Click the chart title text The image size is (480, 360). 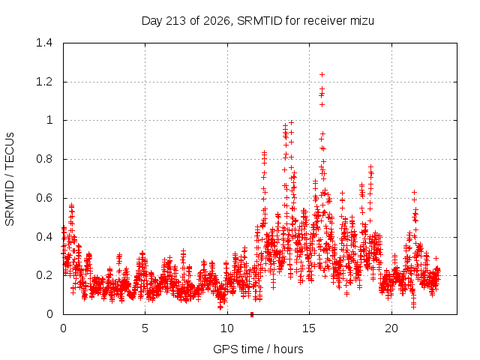click(258, 21)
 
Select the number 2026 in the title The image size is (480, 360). click(217, 21)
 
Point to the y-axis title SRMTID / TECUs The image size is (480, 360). click(10, 179)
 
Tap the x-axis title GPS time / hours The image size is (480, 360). click(258, 349)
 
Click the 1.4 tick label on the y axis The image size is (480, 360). click(44, 43)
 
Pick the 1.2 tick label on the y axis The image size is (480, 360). click(44, 82)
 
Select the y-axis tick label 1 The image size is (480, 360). click(49, 120)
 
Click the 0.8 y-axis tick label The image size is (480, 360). click(44, 159)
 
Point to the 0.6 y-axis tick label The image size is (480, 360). click(44, 198)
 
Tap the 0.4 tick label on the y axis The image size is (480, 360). click(44, 237)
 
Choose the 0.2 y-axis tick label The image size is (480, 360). click(44, 275)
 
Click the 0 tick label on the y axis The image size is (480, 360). click(49, 314)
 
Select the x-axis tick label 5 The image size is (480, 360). click(145, 328)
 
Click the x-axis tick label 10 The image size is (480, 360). click(227, 328)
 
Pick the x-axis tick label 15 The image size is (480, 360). click(309, 328)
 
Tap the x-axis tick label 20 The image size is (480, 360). click(391, 328)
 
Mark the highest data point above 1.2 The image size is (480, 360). click(322, 74)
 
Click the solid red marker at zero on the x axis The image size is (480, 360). click(252, 314)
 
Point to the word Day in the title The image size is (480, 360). click(151, 21)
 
